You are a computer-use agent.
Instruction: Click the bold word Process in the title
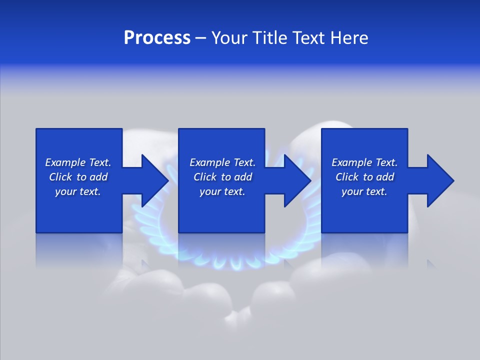click(x=157, y=38)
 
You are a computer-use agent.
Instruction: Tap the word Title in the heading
click(x=270, y=38)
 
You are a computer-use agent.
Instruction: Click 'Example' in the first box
click(x=65, y=162)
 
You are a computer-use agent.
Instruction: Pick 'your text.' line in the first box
click(x=78, y=191)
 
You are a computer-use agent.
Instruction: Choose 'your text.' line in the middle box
click(x=222, y=191)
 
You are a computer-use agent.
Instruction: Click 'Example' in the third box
click(x=352, y=162)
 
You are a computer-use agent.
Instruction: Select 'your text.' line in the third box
click(x=364, y=191)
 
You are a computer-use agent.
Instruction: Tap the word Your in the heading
click(x=229, y=38)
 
